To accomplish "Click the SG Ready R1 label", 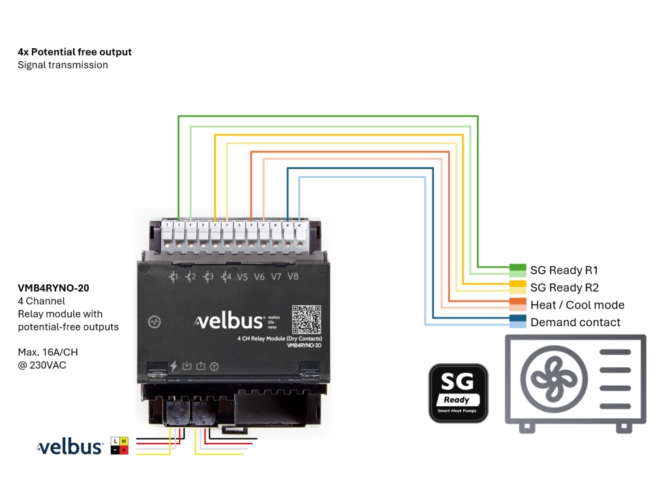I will pyautogui.click(x=564, y=270).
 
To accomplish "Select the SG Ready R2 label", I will pyautogui.click(x=564, y=288).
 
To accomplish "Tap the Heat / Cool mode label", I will pyautogui.click(x=577, y=305).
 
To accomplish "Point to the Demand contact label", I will pyautogui.click(x=575, y=322).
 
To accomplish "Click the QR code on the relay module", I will pyautogui.click(x=307, y=320).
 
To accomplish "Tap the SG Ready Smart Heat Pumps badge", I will pyautogui.click(x=458, y=393).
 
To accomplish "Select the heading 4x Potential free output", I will pyautogui.click(x=74, y=52).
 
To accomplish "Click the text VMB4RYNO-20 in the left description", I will pyautogui.click(x=53, y=288).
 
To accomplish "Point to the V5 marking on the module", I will pyautogui.click(x=242, y=277).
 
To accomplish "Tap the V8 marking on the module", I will pyautogui.click(x=293, y=277).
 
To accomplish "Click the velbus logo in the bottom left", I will pyautogui.click(x=70, y=447).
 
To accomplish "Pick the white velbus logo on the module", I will pyautogui.click(x=230, y=321).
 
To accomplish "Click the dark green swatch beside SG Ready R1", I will pyautogui.click(x=517, y=267).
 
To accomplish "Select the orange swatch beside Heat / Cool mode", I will pyautogui.click(x=517, y=302).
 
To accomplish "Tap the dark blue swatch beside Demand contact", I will pyautogui.click(x=517, y=319).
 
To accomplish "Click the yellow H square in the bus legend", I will pyautogui.click(x=124, y=442).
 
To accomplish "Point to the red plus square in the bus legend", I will pyautogui.click(x=124, y=450).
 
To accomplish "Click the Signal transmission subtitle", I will pyautogui.click(x=63, y=65).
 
